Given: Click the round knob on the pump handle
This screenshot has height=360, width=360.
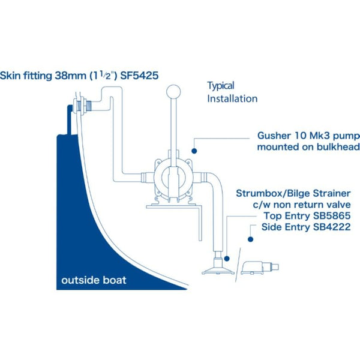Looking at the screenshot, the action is (x=173, y=92).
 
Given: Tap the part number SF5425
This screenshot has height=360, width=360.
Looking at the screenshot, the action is (x=139, y=76).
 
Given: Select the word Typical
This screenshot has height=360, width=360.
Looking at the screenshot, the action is (x=221, y=86).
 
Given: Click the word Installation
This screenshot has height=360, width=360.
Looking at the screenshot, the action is (x=232, y=99).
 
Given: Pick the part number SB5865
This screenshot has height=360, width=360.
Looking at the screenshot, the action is (x=332, y=216).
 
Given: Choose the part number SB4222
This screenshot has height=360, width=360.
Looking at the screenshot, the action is (x=332, y=227).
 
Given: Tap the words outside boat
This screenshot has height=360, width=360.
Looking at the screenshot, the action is (x=94, y=280).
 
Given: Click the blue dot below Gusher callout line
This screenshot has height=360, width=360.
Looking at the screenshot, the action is (x=194, y=151).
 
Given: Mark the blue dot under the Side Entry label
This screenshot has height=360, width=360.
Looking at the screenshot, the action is (x=250, y=239).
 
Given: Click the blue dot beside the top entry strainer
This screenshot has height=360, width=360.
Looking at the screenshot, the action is (x=227, y=259).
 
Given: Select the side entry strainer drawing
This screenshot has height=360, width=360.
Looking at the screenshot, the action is (x=259, y=268).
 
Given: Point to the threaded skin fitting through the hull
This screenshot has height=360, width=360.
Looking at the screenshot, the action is (x=82, y=106).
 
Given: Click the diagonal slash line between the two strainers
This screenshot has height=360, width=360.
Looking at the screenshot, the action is (x=238, y=265).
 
